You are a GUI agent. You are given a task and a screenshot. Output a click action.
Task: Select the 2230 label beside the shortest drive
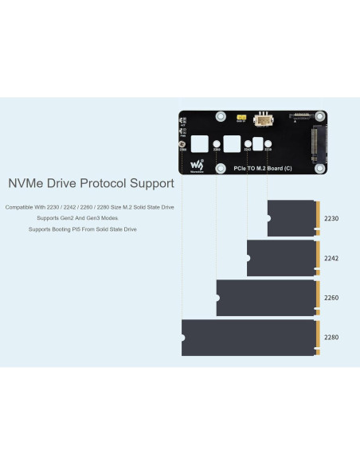pyautogui.click(x=331, y=218)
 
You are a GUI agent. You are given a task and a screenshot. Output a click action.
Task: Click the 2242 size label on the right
pyautogui.click(x=331, y=258)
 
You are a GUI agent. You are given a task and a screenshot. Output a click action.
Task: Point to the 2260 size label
pyautogui.click(x=331, y=298)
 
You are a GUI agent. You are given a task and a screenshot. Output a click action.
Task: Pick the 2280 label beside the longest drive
pyautogui.click(x=331, y=338)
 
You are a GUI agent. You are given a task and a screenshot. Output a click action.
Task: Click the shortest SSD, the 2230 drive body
pyautogui.click(x=292, y=218)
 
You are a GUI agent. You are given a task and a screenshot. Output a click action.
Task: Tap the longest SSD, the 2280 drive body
pyautogui.click(x=248, y=338)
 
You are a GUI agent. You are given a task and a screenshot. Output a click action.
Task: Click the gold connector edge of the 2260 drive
pyautogui.click(x=319, y=298)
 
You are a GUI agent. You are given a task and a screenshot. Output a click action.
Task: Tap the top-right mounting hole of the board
pyautogui.click(x=321, y=116)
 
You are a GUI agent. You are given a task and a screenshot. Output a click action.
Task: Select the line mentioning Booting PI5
pyautogui.click(x=83, y=229)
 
